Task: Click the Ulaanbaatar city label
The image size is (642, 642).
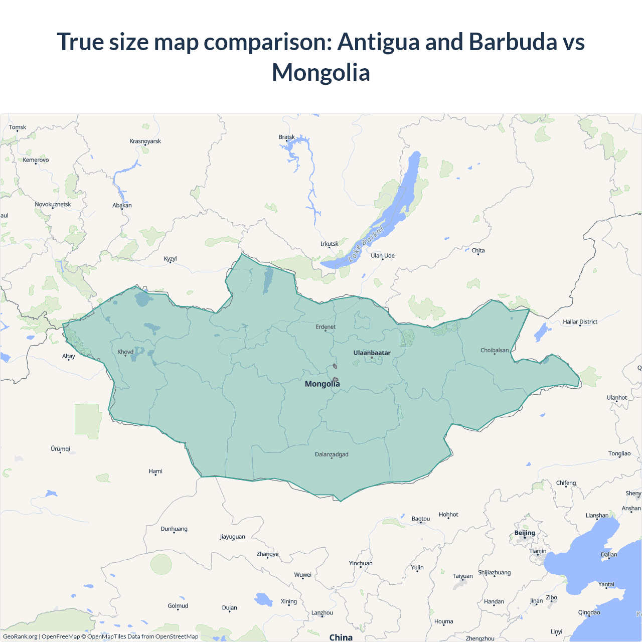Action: [372, 353]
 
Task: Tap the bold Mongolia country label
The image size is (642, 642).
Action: [322, 384]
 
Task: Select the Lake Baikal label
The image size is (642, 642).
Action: [366, 244]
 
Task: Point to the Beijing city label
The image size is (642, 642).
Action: [525, 533]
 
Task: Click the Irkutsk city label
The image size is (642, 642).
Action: [329, 244]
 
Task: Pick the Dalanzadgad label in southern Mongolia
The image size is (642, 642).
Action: [332, 454]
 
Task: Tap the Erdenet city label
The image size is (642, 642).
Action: [326, 327]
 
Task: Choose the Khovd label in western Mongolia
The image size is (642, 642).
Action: [125, 352]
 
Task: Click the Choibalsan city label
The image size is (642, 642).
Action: [494, 350]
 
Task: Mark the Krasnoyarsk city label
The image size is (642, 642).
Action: [145, 141]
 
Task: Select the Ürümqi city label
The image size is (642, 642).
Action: [60, 449]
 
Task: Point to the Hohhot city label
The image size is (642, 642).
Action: [448, 515]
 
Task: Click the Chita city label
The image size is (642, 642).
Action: [478, 250]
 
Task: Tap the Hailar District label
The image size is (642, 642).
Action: [580, 322]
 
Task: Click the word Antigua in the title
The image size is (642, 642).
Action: [378, 42]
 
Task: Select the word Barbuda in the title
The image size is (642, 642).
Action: [513, 42]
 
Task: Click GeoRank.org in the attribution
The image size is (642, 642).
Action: [20, 636]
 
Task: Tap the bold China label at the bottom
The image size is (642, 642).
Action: [341, 637]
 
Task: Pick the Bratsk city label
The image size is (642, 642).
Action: [286, 137]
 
